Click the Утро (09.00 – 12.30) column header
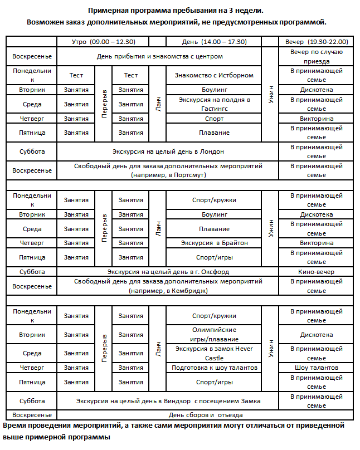click(104, 42)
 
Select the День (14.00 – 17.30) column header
click(214, 42)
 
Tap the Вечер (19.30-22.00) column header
click(317, 42)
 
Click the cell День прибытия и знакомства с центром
click(159, 56)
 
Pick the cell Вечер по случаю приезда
click(317, 56)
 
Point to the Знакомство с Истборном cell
click(214, 75)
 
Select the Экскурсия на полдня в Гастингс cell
click(214, 104)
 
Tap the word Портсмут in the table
click(190, 175)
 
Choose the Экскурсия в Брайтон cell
click(214, 243)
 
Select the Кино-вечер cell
click(317, 272)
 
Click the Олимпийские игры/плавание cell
click(214, 335)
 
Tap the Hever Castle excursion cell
click(214, 354)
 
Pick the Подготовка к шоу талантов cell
click(214, 368)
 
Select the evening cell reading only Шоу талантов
click(317, 368)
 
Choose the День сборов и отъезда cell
click(206, 415)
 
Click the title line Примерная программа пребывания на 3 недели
click(176, 11)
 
